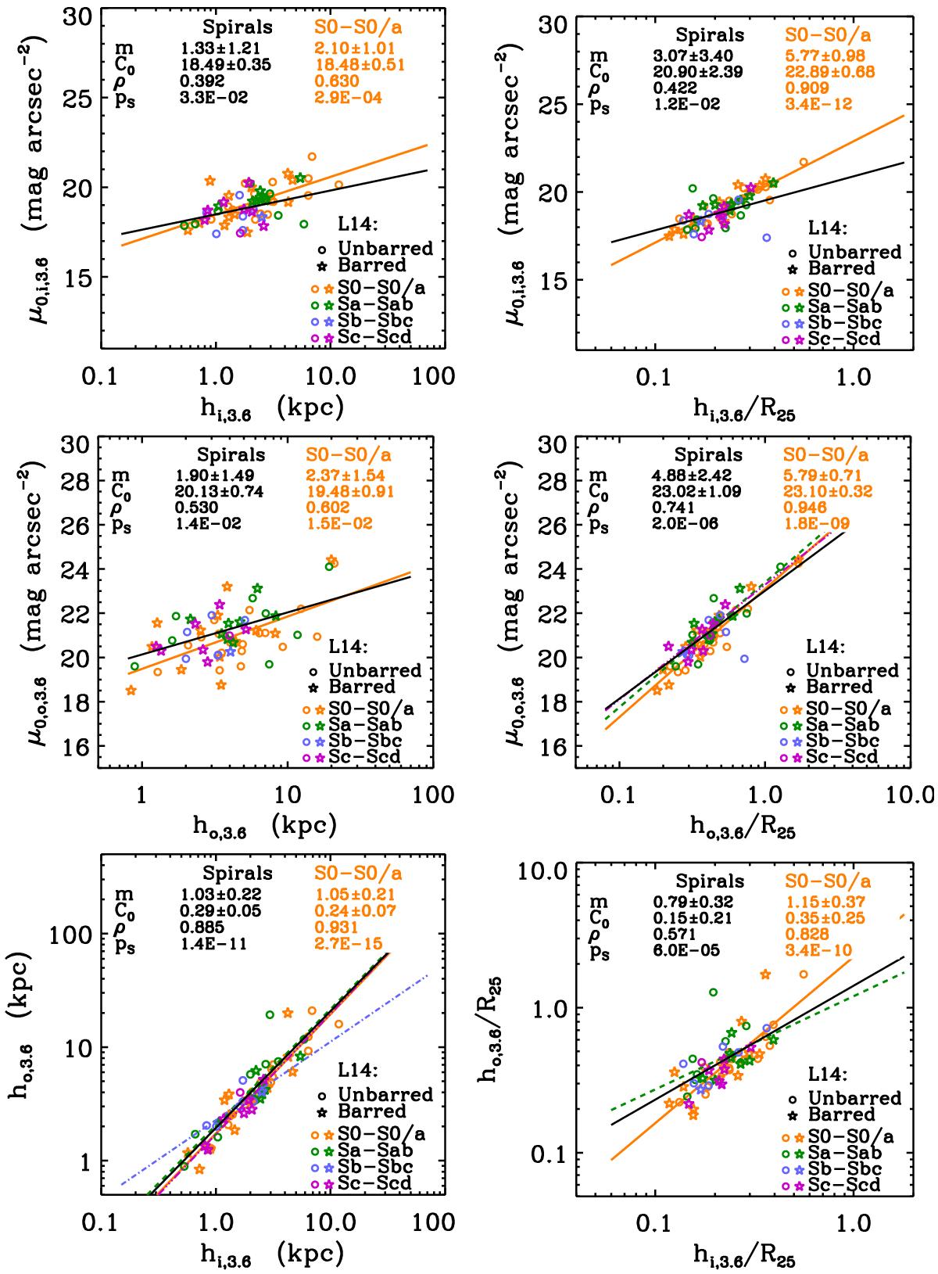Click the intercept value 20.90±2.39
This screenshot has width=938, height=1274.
pyautogui.click(x=697, y=71)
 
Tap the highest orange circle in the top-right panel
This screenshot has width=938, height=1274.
pyautogui.click(x=804, y=163)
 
